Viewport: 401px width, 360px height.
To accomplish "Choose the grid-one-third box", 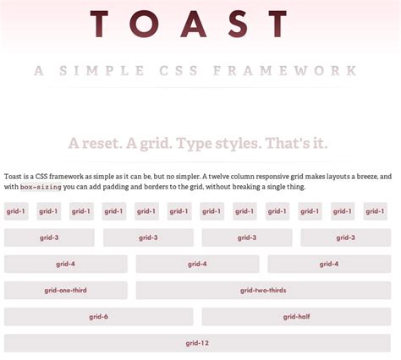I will pyautogui.click(x=66, y=291).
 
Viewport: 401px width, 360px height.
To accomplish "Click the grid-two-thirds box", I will pyautogui.click(x=263, y=291).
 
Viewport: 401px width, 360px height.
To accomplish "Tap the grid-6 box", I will pyautogui.click(x=99, y=317).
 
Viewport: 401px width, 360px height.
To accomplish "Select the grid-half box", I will pyautogui.click(x=296, y=317).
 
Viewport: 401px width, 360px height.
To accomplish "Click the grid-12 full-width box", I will pyautogui.click(x=197, y=343).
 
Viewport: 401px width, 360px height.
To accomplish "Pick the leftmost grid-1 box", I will pyautogui.click(x=16, y=211).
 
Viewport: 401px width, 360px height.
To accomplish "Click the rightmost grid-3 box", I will pyautogui.click(x=345, y=237).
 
